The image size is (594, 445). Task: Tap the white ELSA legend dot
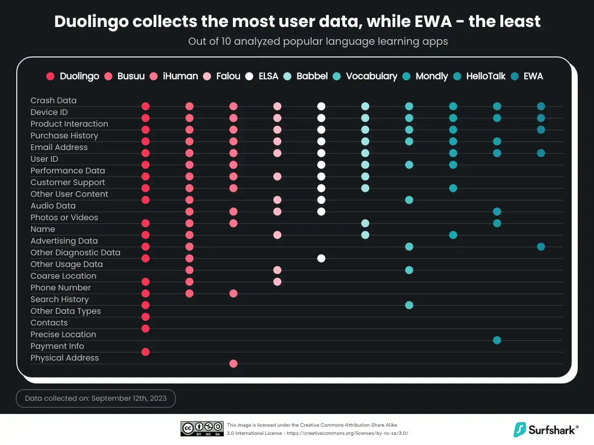[249, 76]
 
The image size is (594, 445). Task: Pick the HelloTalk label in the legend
[486, 76]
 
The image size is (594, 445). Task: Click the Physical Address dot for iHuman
[233, 363]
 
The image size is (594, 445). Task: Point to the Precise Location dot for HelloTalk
[497, 340]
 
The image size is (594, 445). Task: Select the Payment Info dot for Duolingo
[145, 351]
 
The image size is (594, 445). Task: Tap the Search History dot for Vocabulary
[409, 305]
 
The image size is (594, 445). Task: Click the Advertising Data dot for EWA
[541, 246]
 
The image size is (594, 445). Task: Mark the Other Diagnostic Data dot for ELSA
[321, 258]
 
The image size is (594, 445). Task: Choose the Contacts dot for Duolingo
[145, 328]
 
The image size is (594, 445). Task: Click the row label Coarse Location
[63, 276]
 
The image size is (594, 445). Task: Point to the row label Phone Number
[61, 287]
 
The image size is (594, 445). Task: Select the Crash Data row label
[53, 100]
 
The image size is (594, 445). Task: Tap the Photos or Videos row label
[64, 217]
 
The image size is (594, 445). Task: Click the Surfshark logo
[546, 430]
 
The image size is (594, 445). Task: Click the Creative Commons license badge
[202, 429]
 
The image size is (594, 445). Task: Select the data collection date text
[96, 399]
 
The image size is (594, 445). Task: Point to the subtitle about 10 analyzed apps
[318, 41]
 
